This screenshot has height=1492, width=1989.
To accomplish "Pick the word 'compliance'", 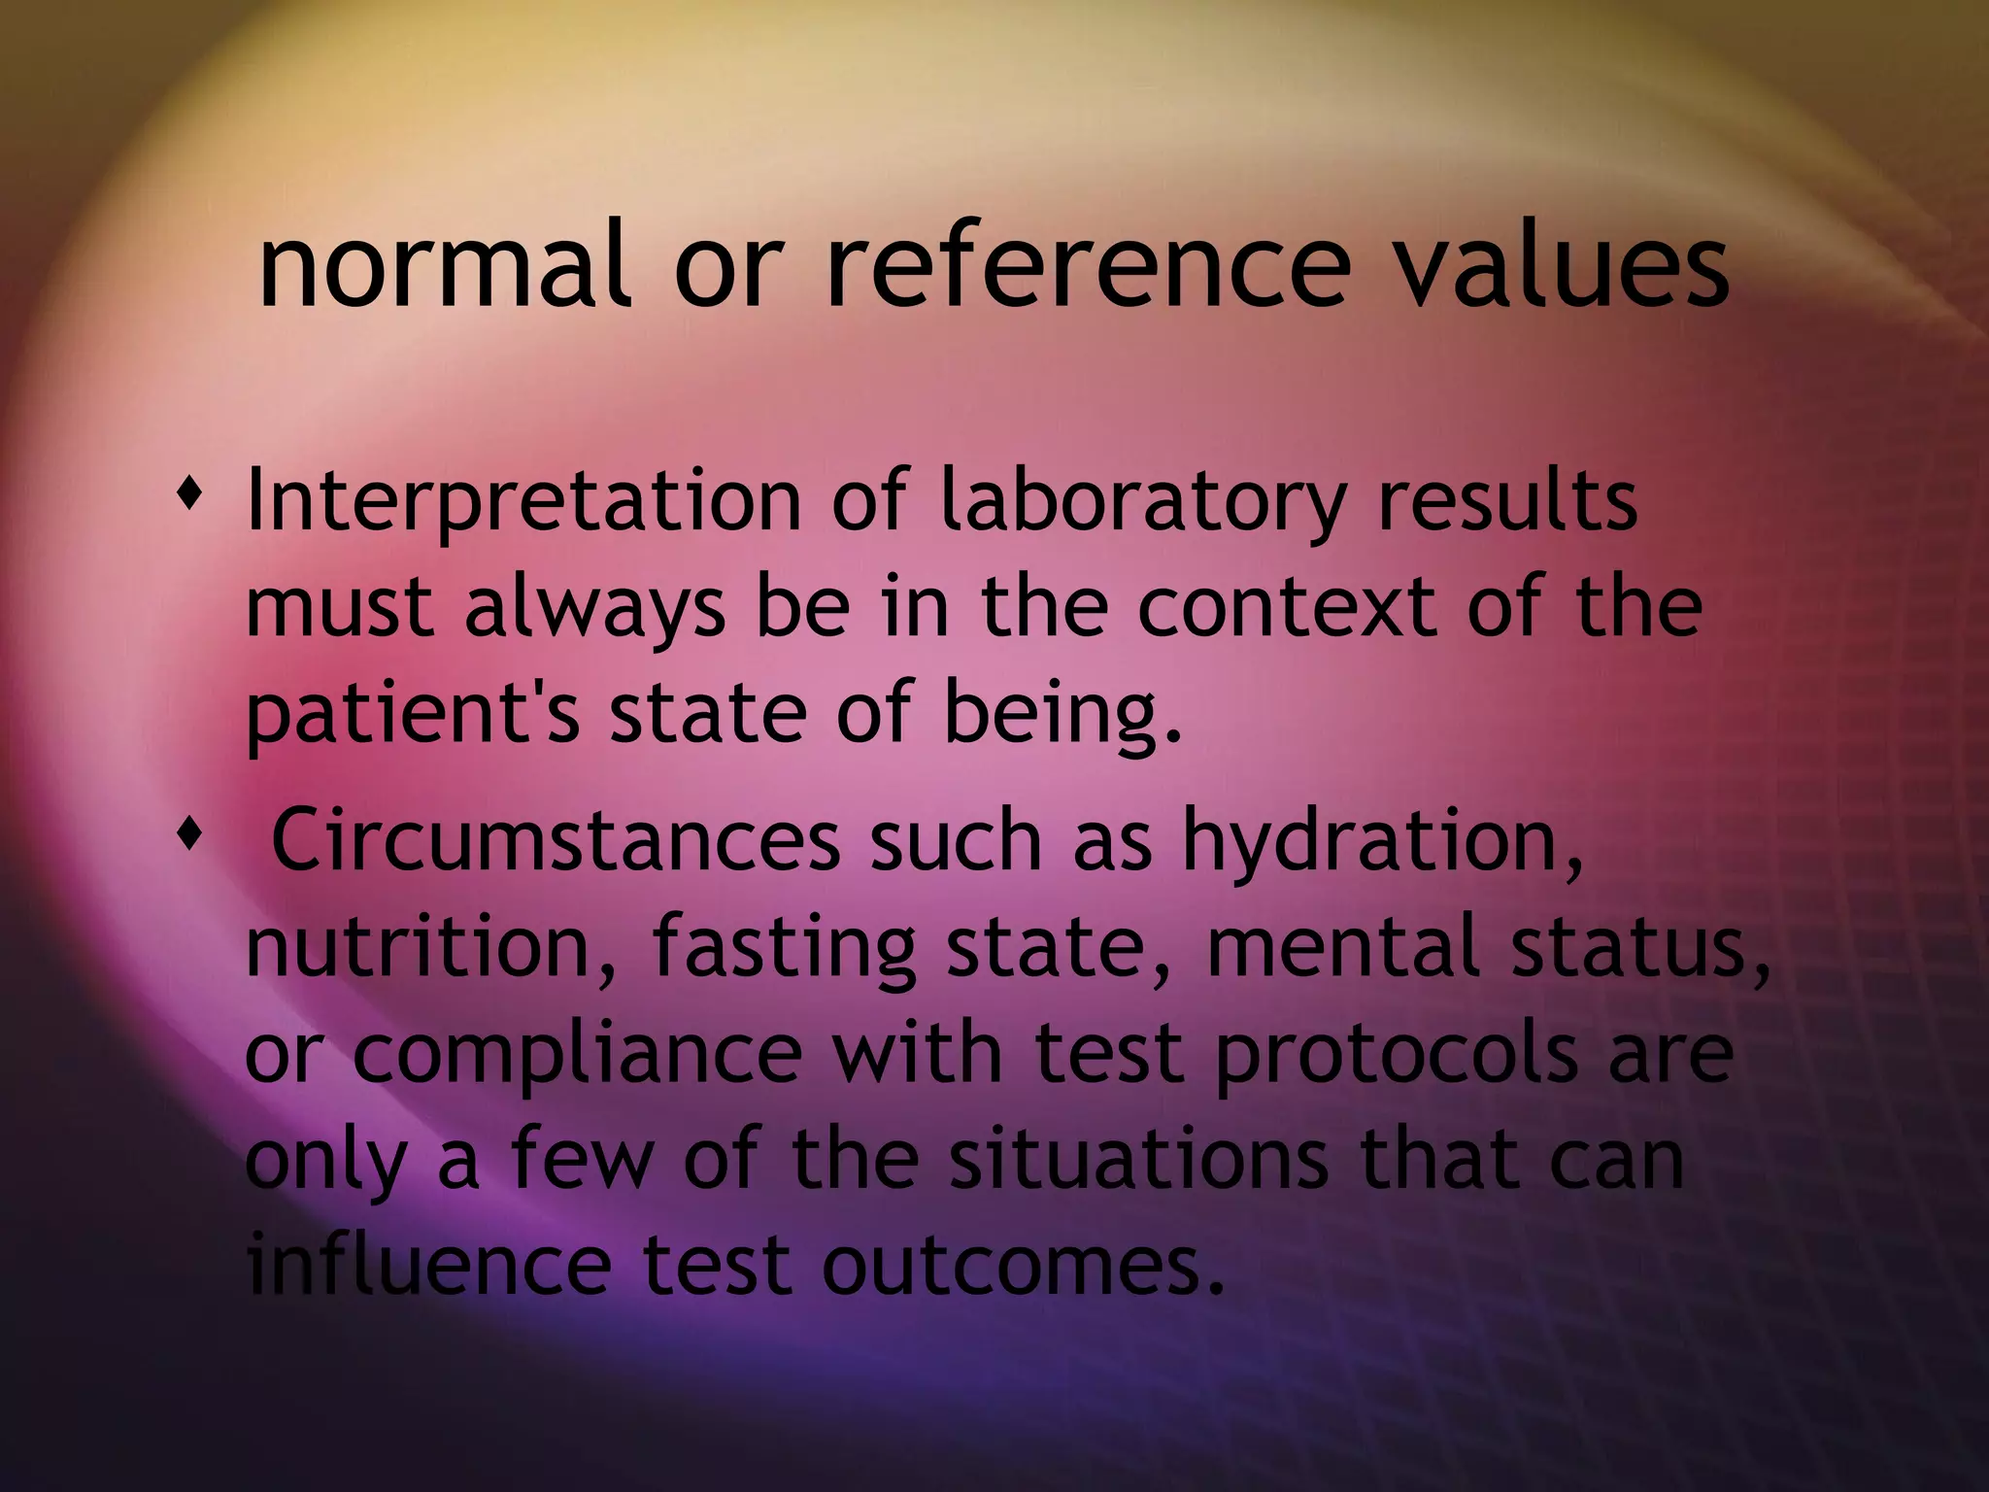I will [x=578, y=1057].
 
